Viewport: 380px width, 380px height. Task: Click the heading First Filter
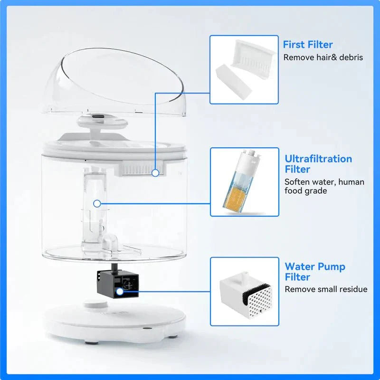coord(308,45)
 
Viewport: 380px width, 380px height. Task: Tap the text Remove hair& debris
coord(323,57)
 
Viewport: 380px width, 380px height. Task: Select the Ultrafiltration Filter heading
coord(318,164)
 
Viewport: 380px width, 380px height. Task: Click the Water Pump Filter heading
coord(314,272)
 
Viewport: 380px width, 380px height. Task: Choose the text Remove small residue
coord(325,289)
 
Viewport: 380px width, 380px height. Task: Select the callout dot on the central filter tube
coord(97,203)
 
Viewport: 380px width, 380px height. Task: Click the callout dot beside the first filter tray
coord(156,172)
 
